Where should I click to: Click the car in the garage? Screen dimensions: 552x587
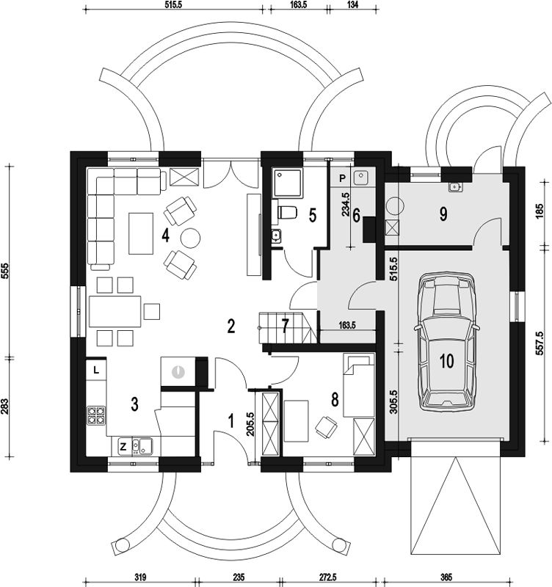(446, 341)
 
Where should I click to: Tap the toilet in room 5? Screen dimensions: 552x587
(287, 213)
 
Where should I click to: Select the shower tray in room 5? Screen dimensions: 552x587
(288, 183)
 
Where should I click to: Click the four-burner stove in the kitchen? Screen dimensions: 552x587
(96, 415)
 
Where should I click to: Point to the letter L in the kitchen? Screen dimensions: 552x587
(96, 371)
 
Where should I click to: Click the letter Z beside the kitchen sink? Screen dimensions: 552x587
(123, 446)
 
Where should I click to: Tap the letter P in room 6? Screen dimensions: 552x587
(342, 178)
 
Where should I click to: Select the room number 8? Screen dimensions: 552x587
(335, 400)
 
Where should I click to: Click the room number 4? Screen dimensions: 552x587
(165, 236)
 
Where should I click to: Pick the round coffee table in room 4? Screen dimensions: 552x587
(190, 238)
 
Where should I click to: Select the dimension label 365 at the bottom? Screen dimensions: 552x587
(446, 577)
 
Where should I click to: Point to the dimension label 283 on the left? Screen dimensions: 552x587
(4, 407)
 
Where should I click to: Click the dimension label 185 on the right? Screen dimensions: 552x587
(540, 211)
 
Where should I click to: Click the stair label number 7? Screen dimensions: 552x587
(286, 326)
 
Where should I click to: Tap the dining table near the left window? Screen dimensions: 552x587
(115, 311)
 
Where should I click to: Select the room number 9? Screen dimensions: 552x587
(443, 214)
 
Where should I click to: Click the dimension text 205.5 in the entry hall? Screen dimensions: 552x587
(250, 424)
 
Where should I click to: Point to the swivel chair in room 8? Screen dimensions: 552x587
(326, 426)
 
